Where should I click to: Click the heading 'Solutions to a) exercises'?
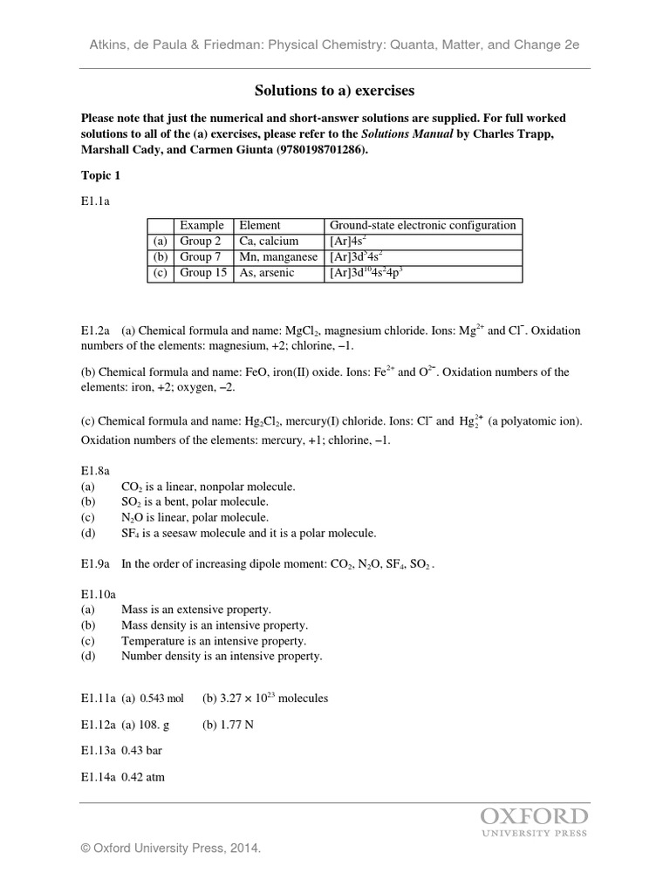pyautogui.click(x=334, y=90)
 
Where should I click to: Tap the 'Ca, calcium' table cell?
pyautogui.click(x=269, y=241)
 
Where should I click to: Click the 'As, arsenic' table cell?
pyautogui.click(x=267, y=273)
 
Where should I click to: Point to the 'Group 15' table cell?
pyautogui.click(x=203, y=273)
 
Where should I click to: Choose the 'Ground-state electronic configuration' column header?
pyautogui.click(x=422, y=225)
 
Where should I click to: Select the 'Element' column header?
pyautogui.click(x=260, y=225)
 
